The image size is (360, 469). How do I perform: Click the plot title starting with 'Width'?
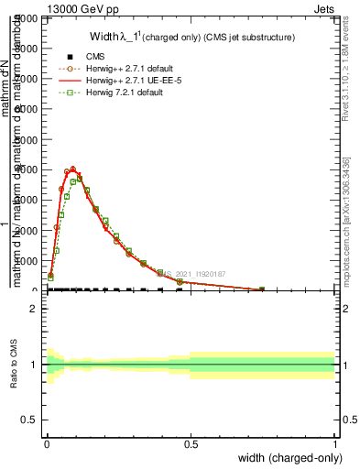tap(191, 38)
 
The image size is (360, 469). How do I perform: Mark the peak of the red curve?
tap(73, 169)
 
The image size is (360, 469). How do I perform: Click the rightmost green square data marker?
tap(262, 289)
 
